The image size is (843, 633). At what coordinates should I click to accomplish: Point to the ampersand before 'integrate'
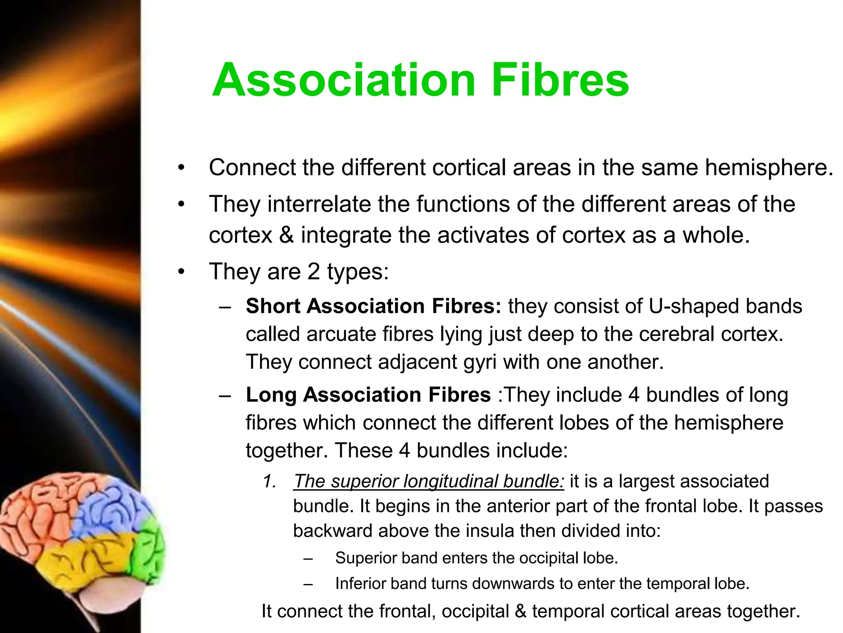click(286, 235)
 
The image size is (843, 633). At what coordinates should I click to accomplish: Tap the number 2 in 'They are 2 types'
click(314, 272)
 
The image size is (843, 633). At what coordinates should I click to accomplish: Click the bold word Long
click(271, 395)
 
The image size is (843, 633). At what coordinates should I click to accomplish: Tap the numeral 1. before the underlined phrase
click(270, 481)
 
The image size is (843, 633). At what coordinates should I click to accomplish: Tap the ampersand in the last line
click(520, 612)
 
